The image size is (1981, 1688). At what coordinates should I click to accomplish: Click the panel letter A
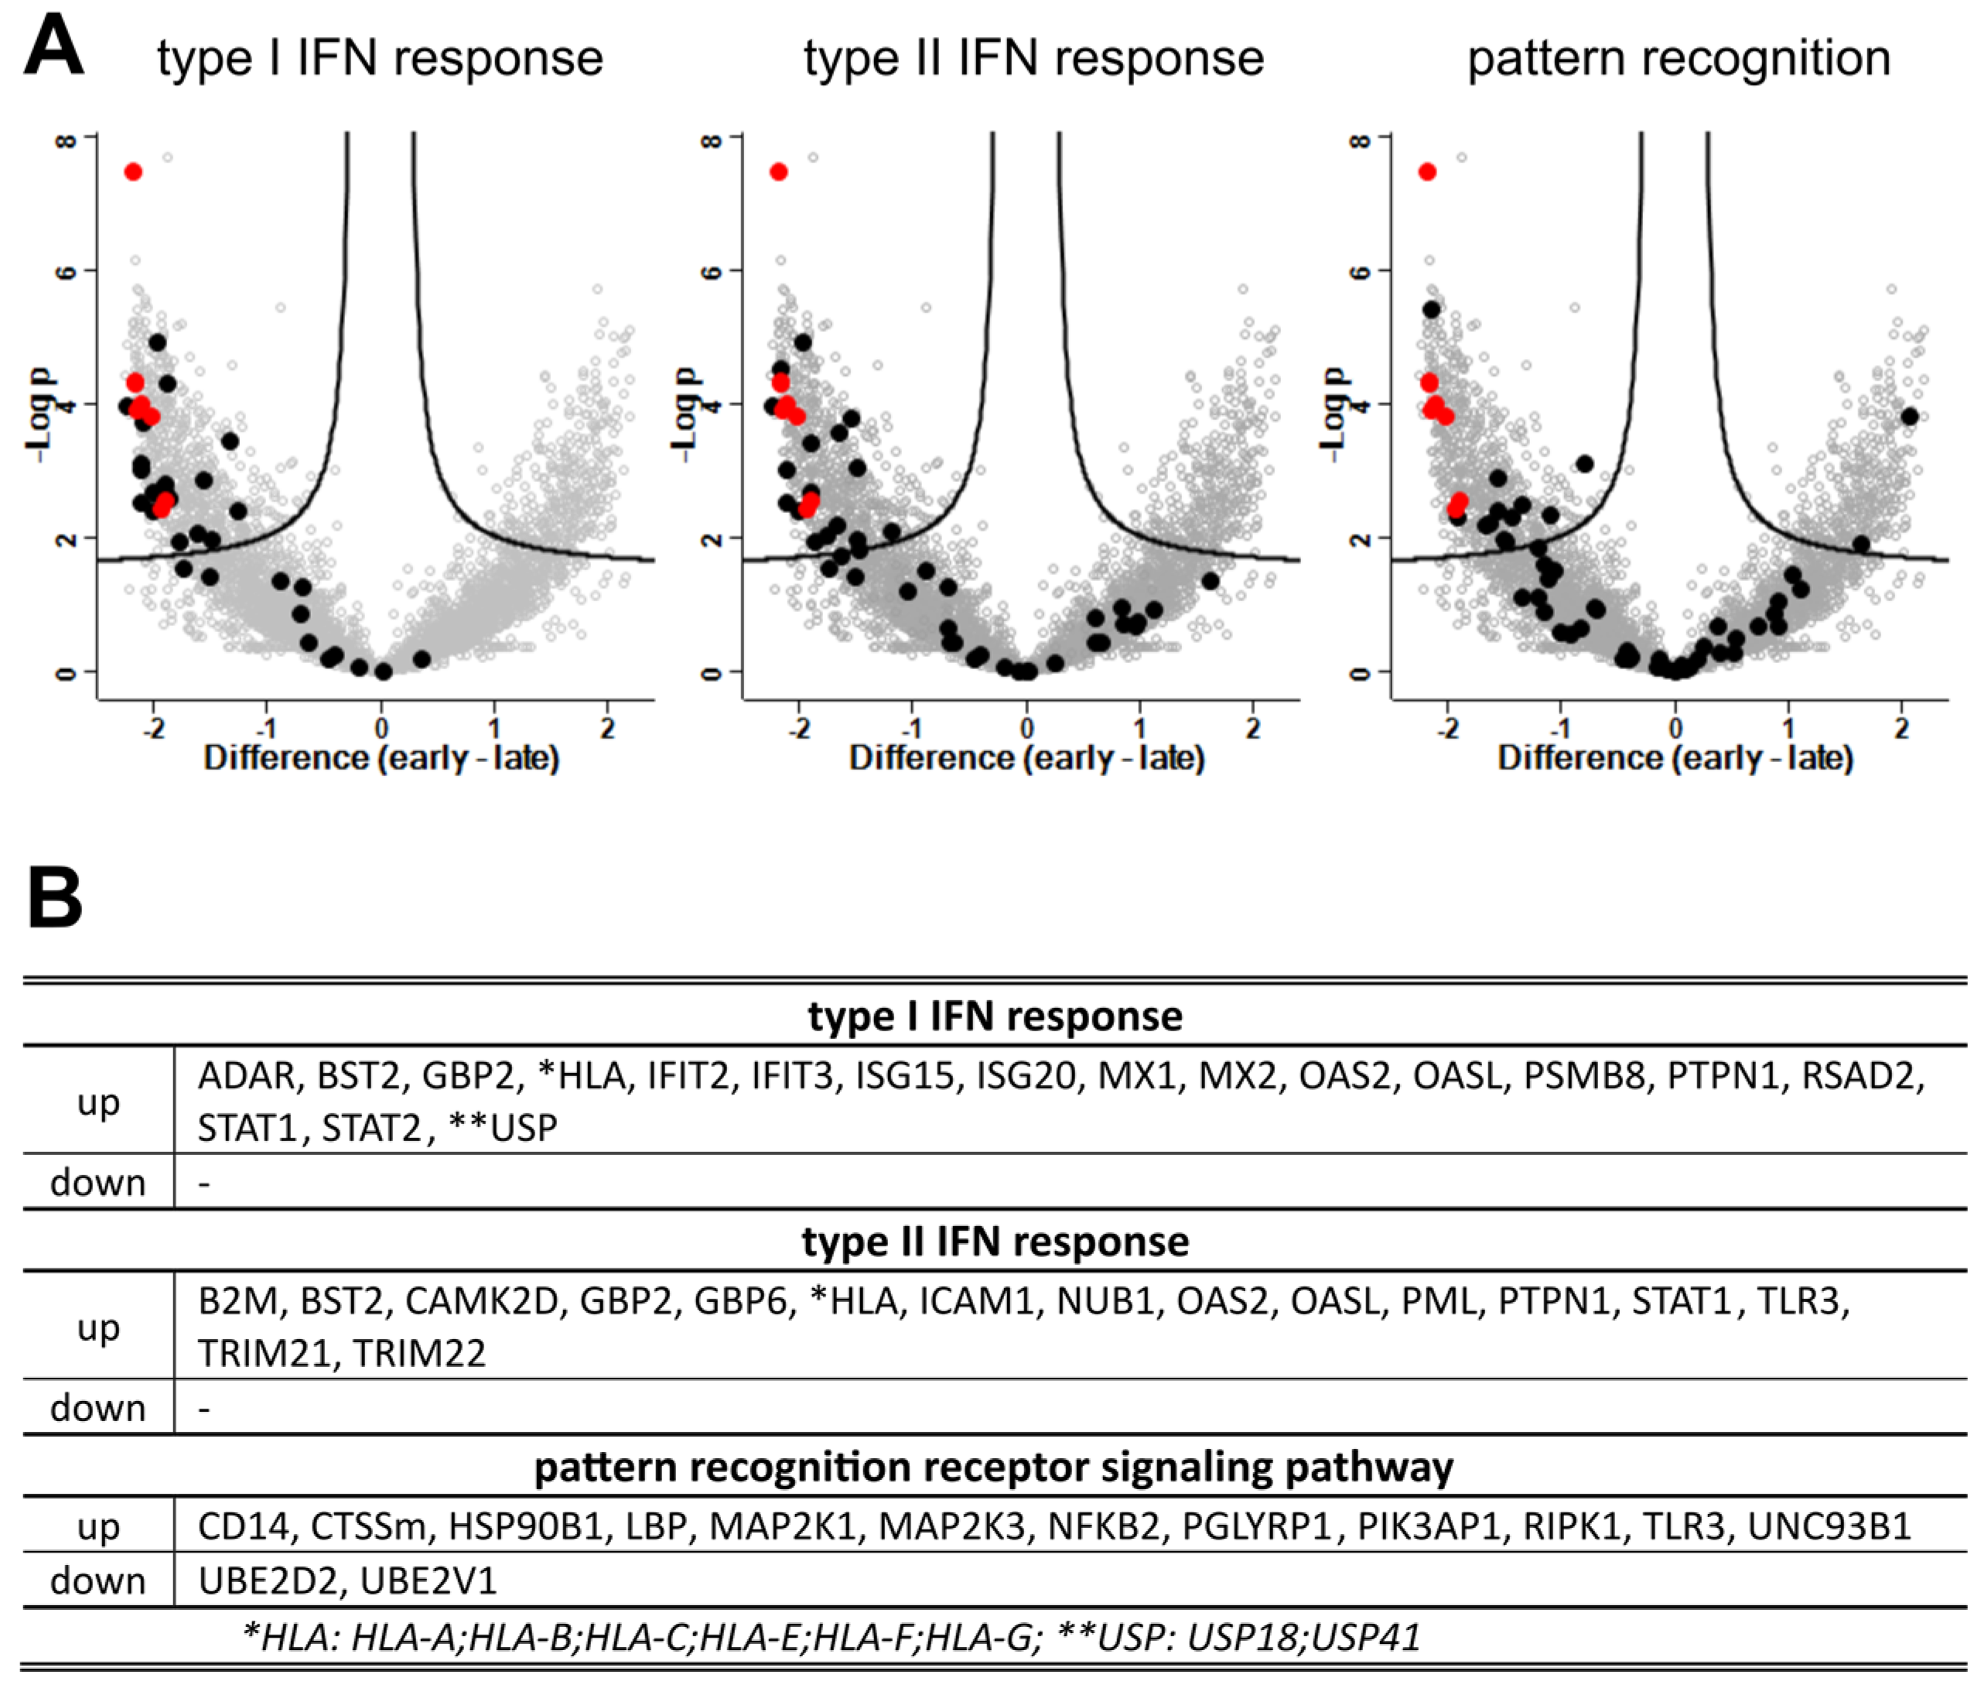coord(53,47)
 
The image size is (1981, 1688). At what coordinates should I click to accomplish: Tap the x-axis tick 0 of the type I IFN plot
coord(381,729)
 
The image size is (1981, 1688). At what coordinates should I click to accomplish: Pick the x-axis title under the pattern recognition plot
coord(1675,758)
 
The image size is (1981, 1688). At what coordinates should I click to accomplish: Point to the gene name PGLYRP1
coord(1256,1526)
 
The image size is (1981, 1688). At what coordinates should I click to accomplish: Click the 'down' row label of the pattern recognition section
coord(97,1581)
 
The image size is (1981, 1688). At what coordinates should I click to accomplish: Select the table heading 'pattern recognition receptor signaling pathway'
coord(993,1467)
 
